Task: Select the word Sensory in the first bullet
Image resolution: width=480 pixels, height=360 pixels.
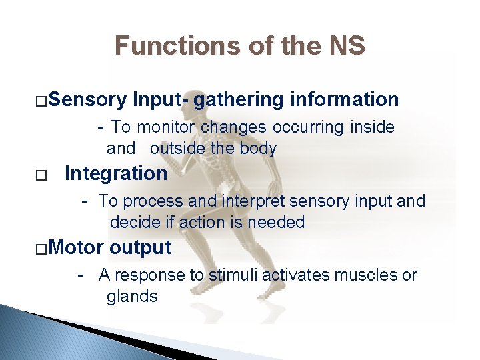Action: coord(87,100)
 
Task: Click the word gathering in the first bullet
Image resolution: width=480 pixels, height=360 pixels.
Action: coord(238,100)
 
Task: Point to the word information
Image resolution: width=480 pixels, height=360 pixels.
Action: coord(345,100)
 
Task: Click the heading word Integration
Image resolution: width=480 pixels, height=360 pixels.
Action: coord(116,174)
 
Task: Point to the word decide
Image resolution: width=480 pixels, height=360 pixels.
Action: coord(130,222)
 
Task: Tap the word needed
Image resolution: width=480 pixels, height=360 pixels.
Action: coord(278,222)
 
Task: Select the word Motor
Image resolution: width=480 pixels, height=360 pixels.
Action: coord(77,248)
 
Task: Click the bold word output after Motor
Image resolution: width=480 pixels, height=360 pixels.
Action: coord(141,248)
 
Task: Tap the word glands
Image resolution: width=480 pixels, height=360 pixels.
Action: coord(132,296)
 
